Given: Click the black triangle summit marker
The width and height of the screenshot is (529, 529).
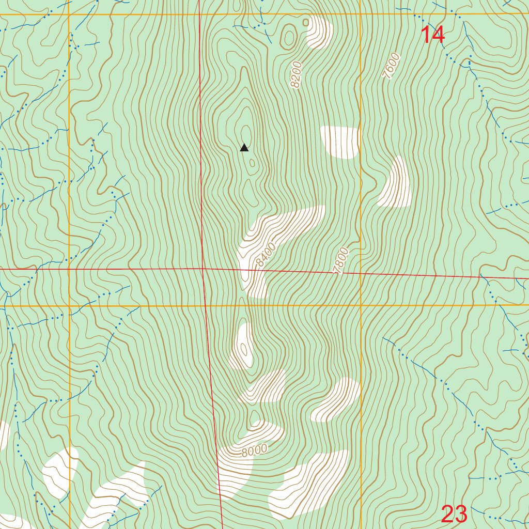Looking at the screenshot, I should tap(244, 148).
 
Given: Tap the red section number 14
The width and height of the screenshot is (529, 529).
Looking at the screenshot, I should tap(432, 35).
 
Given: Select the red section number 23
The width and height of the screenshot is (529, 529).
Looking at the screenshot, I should tap(454, 514).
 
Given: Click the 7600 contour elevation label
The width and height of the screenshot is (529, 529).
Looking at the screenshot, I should tap(391, 66).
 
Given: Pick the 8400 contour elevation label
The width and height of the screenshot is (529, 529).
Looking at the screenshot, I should tap(266, 255).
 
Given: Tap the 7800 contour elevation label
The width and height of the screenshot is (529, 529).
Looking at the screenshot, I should tap(341, 261).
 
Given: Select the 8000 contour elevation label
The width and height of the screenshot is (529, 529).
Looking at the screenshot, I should tap(254, 450).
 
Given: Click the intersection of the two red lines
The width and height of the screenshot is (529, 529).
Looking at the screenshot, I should tap(204, 269).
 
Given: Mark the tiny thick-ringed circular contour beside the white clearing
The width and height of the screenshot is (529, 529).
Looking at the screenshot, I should tap(305, 22).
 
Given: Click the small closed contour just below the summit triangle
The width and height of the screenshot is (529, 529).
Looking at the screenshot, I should tap(252, 164).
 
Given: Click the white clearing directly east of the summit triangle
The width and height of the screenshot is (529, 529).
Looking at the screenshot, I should tap(340, 142).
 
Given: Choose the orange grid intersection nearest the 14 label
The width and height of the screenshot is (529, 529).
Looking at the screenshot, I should tap(361, 14).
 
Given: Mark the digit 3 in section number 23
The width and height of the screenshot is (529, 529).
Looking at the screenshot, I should tap(461, 514).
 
